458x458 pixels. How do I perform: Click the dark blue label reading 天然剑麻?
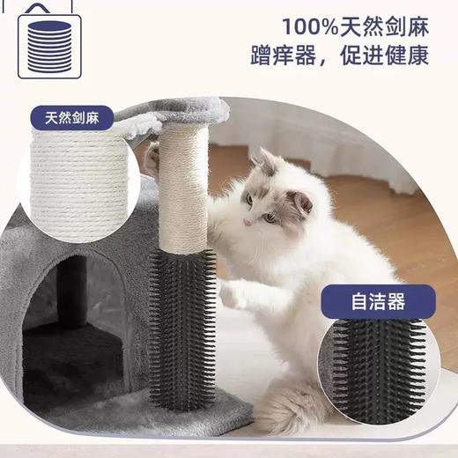pyautogui.click(x=78, y=116)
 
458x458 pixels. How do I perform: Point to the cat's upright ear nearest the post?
pyautogui.click(x=262, y=161)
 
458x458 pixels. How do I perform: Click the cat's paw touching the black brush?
pyautogui.click(x=231, y=293)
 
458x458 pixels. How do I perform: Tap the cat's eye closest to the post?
pyautogui.click(x=249, y=201)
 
